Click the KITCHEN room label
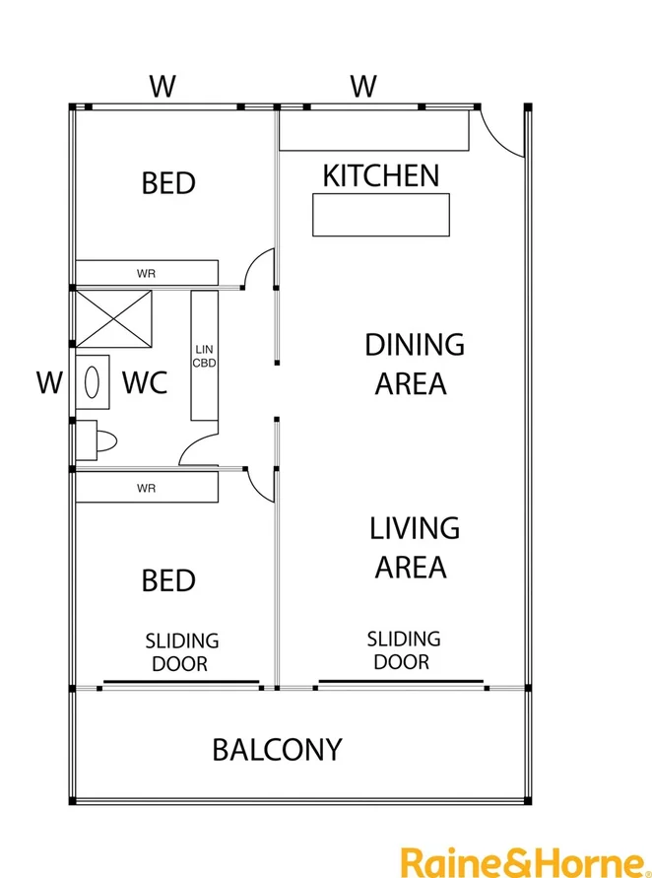click(x=381, y=176)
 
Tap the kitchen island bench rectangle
click(x=380, y=215)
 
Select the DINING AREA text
click(x=414, y=364)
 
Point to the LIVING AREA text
click(x=414, y=547)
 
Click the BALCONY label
click(x=277, y=750)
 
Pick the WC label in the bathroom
click(x=144, y=382)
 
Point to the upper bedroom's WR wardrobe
click(x=146, y=272)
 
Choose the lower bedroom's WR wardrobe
click(x=146, y=488)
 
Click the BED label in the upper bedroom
click(x=168, y=183)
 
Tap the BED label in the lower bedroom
click(x=168, y=580)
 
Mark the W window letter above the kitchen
click(x=363, y=87)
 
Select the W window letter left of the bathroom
click(x=48, y=382)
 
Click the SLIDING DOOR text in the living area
click(x=403, y=650)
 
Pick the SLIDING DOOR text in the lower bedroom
click(x=181, y=652)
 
